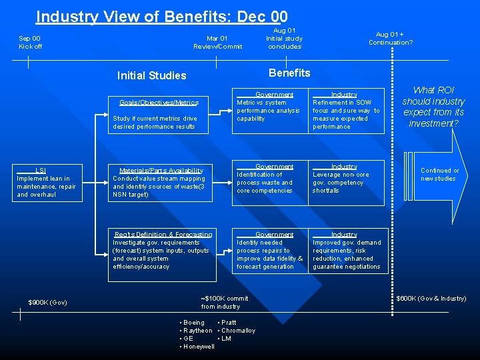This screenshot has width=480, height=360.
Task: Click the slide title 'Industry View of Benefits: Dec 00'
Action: tap(161, 16)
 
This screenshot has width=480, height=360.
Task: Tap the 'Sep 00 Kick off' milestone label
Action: tap(30, 42)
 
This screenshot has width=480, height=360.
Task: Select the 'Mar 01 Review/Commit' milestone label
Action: tap(217, 42)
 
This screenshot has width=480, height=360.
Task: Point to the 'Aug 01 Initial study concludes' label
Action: tap(284, 38)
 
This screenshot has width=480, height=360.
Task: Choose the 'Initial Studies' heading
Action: tap(151, 75)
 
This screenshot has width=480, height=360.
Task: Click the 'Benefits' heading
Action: tap(289, 73)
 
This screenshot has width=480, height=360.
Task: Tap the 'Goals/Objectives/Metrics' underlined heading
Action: tap(159, 103)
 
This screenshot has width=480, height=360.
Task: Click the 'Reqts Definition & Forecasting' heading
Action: tap(163, 235)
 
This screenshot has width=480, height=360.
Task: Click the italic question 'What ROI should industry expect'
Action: tap(433, 107)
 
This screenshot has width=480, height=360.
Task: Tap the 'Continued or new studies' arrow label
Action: tap(439, 175)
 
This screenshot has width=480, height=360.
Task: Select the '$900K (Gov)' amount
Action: tap(47, 302)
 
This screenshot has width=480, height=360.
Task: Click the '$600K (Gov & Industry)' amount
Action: tap(431, 298)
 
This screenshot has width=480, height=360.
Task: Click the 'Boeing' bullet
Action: tap(194, 323)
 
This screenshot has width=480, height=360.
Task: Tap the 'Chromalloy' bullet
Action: tap(238, 331)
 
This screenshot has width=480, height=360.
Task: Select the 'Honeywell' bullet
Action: tap(199, 347)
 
